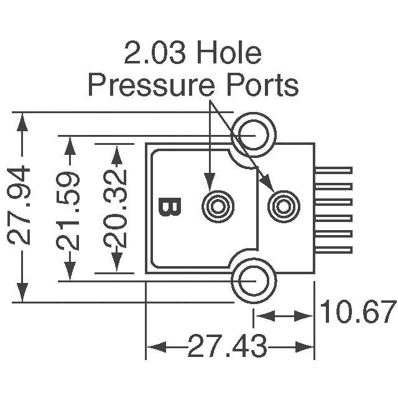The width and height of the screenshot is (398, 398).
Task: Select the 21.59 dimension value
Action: [70, 210]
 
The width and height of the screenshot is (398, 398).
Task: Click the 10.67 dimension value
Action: [359, 312]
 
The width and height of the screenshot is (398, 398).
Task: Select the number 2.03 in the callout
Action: [155, 54]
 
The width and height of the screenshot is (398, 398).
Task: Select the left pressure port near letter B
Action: [217, 205]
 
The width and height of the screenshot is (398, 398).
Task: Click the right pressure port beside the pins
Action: [282, 205]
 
